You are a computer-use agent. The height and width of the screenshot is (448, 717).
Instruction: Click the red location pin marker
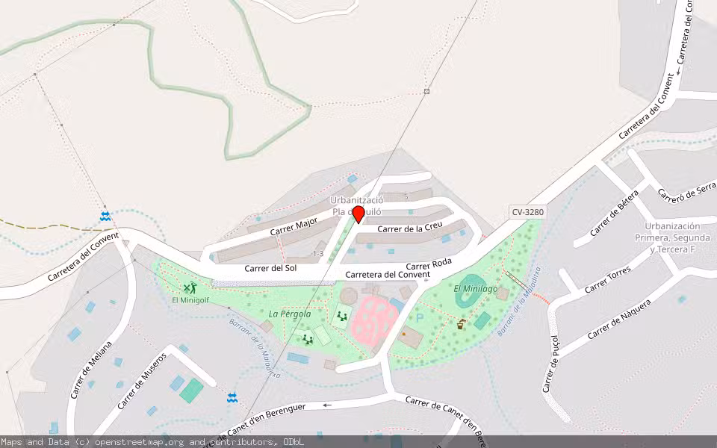(x=358, y=214)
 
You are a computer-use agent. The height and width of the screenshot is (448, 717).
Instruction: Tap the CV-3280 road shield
(x=528, y=212)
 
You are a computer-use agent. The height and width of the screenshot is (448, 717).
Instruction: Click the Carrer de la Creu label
(x=405, y=228)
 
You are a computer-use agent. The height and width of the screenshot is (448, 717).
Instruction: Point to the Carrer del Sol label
(x=270, y=268)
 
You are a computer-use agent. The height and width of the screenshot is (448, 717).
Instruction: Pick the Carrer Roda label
(x=429, y=265)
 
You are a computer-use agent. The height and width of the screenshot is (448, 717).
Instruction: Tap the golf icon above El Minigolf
(x=190, y=287)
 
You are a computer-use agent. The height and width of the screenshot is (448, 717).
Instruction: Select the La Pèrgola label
(x=290, y=314)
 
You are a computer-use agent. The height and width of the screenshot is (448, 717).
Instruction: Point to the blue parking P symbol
(x=419, y=317)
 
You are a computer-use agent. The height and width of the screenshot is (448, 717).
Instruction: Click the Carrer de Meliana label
(x=91, y=369)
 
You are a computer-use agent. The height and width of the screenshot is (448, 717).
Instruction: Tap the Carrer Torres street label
(x=607, y=279)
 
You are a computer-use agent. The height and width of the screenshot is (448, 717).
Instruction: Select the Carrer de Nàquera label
(x=618, y=319)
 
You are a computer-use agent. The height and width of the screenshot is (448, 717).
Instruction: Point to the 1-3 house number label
(x=318, y=254)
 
